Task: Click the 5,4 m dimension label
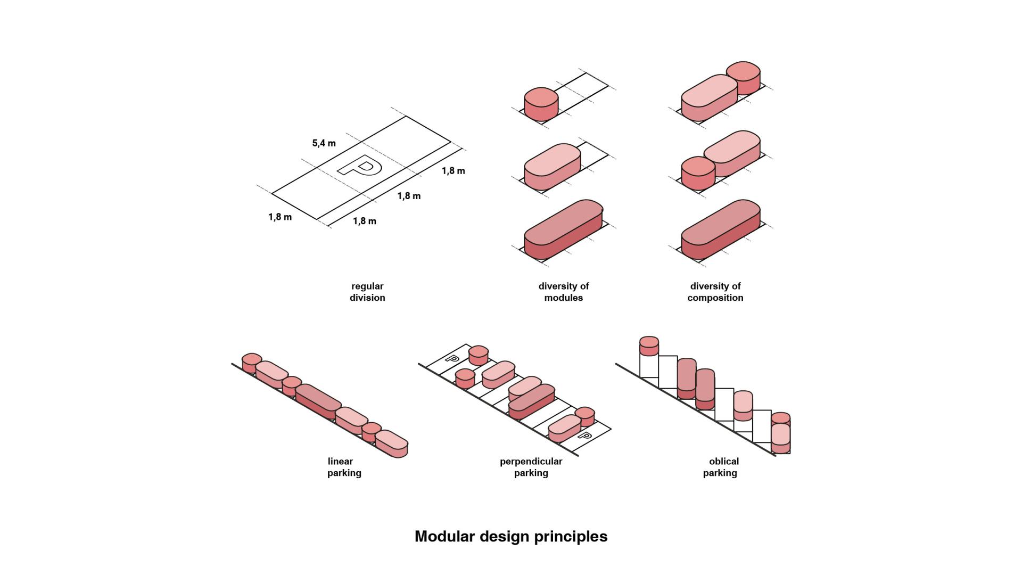click(x=324, y=143)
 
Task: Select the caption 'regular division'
click(x=367, y=292)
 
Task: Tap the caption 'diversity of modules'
click(x=564, y=292)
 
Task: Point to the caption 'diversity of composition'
click(x=715, y=292)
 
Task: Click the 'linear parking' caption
click(x=344, y=467)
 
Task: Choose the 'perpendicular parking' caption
click(x=531, y=467)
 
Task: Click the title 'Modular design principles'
click(x=511, y=536)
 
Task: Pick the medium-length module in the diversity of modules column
click(x=552, y=166)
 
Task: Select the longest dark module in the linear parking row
click(x=318, y=401)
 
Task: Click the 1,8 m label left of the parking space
click(x=280, y=217)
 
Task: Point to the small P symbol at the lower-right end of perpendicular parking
click(x=584, y=437)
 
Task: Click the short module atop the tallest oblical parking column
click(x=649, y=346)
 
